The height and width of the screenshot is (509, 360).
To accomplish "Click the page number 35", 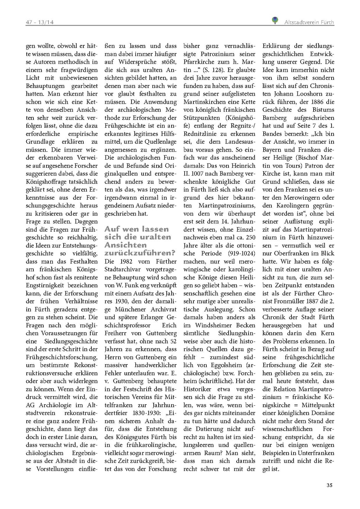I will (329, 485).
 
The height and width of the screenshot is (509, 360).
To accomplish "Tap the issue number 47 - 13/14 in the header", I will (39, 22).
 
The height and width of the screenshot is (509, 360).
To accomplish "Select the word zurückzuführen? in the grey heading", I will (140, 253).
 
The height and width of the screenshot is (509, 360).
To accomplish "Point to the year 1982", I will (126, 262).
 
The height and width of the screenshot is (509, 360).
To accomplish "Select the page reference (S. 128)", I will (213, 70).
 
